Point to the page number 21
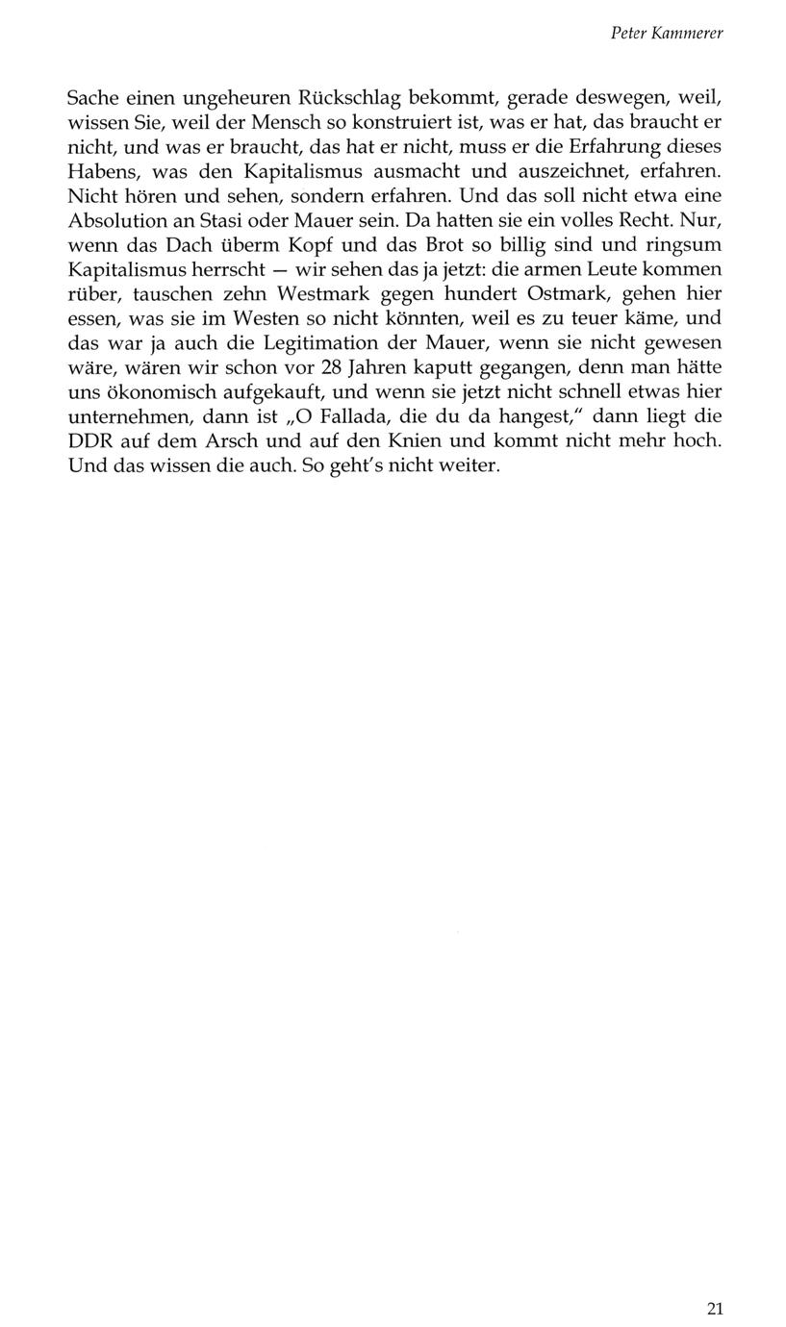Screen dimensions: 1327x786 (x=714, y=1308)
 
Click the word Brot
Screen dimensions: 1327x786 (x=451, y=244)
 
